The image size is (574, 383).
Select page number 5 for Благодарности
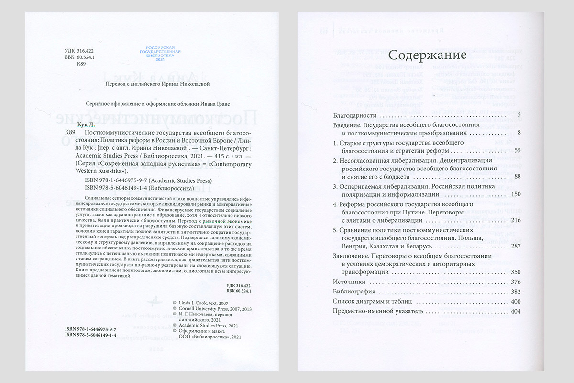point(519,116)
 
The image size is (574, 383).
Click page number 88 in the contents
point(517,176)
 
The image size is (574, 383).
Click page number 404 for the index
point(516,312)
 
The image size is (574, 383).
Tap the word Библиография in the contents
point(355,292)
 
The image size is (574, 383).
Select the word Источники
point(349,282)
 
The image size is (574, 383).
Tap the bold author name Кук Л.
point(73,123)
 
